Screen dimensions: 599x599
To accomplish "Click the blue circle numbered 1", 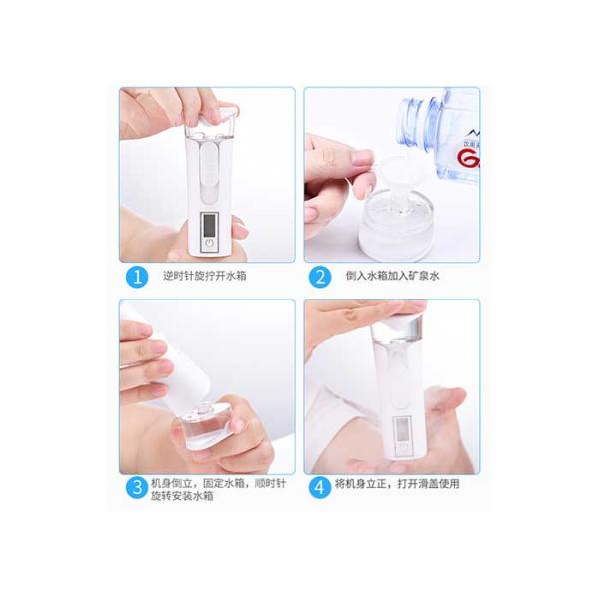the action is coord(137,276).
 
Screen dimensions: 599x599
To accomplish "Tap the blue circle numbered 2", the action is coord(320,276).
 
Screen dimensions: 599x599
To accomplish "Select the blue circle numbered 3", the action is coord(137,488).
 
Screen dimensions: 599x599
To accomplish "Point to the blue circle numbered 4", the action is coord(320,488).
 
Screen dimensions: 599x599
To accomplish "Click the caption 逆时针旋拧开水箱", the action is coord(205,276).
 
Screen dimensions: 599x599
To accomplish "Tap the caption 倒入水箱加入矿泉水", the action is coord(393,276).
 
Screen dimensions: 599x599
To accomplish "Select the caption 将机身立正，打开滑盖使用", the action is coord(397,484).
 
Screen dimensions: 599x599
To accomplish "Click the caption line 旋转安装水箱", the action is coord(182,496).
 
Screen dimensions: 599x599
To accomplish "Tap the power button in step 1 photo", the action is coord(209,243).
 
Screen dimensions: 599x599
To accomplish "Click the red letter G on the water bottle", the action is coord(468,158).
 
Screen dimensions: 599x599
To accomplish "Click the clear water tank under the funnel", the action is coord(395,224).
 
